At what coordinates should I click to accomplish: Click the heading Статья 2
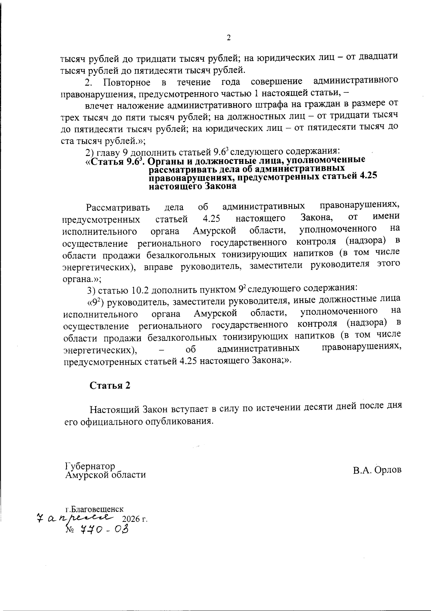[x=110, y=386]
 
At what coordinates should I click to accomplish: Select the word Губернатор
[x=90, y=466]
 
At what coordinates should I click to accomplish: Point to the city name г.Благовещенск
[x=94, y=509]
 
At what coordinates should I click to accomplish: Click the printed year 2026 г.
[x=135, y=519]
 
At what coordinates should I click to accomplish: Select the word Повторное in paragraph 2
[x=126, y=83]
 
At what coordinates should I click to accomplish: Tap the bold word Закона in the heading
[x=221, y=186]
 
